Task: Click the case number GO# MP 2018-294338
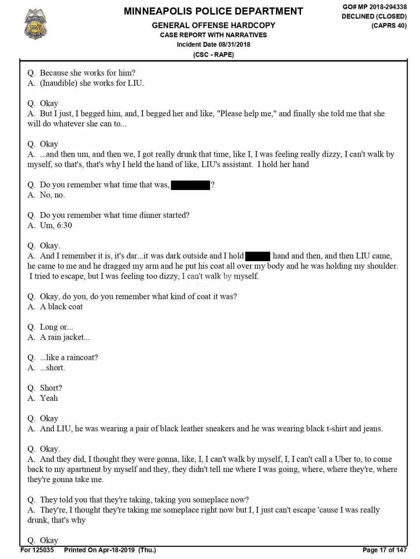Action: [374, 7]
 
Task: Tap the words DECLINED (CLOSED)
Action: [374, 16]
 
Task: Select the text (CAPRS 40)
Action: [388, 26]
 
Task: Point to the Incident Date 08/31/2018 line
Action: [213, 44]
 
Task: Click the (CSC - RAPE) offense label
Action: [213, 54]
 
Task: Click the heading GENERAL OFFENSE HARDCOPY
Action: [213, 25]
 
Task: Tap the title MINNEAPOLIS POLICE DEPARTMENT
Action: [213, 11]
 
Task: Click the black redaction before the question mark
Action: [191, 185]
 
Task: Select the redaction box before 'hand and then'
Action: [258, 256]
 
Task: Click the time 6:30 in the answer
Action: [64, 225]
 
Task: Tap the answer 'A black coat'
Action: [61, 307]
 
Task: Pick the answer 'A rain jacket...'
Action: [65, 337]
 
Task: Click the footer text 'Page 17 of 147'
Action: [384, 550]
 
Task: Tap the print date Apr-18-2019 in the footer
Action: [116, 550]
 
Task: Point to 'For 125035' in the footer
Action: [37, 550]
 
